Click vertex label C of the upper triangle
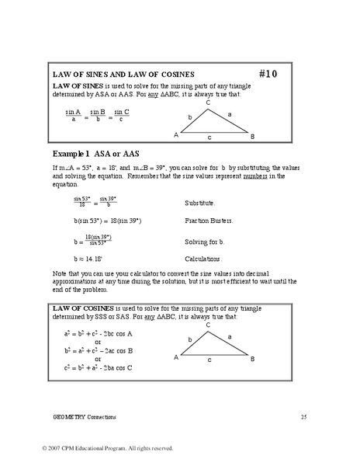[x=207, y=103]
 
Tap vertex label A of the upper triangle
[x=176, y=135]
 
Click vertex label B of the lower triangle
[x=252, y=358]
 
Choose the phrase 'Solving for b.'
[x=206, y=242]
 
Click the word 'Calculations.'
[x=204, y=259]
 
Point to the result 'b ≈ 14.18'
[x=87, y=259]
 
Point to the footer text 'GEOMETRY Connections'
[x=85, y=417]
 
